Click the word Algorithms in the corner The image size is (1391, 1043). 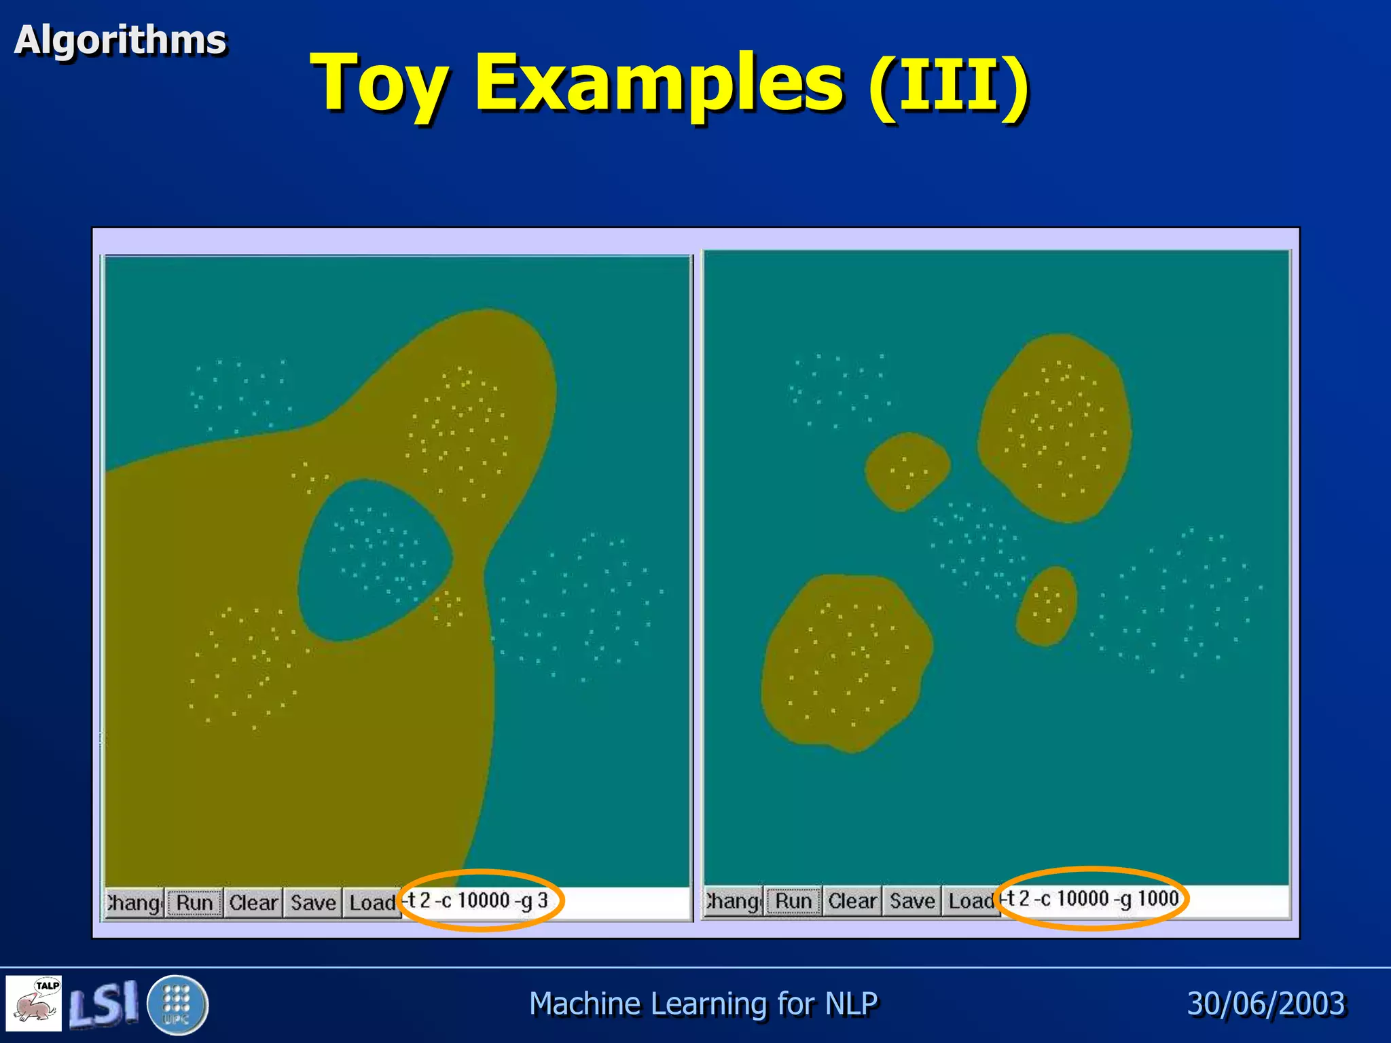click(120, 39)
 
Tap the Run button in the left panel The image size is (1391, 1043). click(194, 902)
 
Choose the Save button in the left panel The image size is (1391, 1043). click(313, 902)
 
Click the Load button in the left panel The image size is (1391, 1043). click(372, 902)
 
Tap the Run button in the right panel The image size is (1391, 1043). click(793, 901)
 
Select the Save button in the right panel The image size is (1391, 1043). click(912, 901)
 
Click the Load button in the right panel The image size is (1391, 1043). click(971, 901)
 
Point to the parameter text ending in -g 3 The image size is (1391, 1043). click(478, 900)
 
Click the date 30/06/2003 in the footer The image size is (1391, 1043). click(1266, 1004)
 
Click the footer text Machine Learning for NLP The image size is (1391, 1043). click(703, 1004)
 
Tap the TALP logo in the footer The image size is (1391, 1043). click(34, 1003)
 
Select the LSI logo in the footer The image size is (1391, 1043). click(104, 1003)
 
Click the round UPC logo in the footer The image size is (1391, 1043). click(177, 1004)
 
